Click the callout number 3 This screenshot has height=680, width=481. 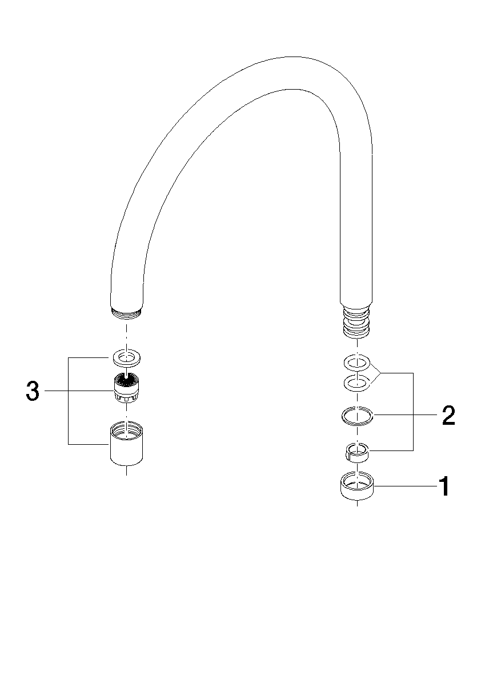click(33, 391)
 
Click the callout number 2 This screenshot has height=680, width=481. click(449, 416)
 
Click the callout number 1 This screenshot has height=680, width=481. click(443, 486)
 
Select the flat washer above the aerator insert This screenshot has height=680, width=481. click(126, 358)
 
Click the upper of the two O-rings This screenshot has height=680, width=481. click(356, 361)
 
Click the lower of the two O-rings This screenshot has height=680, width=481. click(356, 382)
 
